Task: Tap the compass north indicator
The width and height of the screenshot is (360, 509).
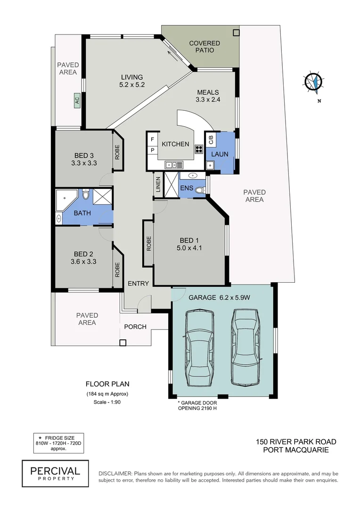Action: [x=313, y=82]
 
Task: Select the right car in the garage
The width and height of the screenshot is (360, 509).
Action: [x=245, y=348]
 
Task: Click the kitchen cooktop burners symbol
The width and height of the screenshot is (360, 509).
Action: [x=199, y=150]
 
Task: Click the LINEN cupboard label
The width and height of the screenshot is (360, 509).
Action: [x=158, y=186]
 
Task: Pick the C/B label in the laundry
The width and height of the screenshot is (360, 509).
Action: [x=211, y=140]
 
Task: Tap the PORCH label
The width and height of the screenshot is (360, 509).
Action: [x=135, y=327]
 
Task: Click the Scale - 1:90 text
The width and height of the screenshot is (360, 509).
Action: [x=107, y=402]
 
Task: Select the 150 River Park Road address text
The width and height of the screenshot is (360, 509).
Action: [x=296, y=442]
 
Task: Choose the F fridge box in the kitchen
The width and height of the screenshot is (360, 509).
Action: [x=152, y=140]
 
